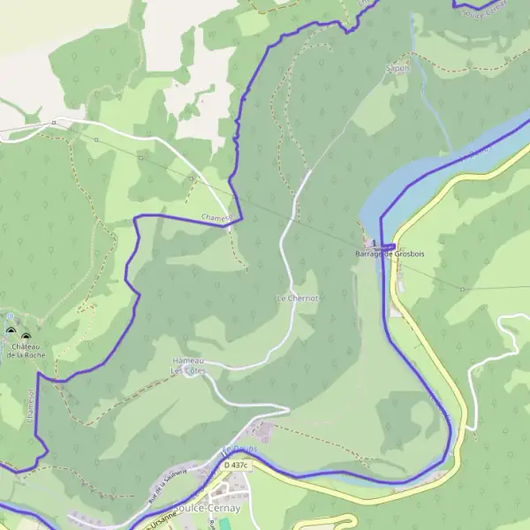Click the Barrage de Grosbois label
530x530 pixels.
[x=390, y=254]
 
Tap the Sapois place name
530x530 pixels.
[x=398, y=67]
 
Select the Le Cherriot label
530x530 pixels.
[x=297, y=298]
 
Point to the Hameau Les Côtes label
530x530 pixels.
[x=187, y=366]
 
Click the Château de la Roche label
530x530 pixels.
[x=26, y=350]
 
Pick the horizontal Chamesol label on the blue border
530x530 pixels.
[x=216, y=217]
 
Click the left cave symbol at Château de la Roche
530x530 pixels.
[x=11, y=331]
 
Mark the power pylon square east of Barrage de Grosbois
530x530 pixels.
[x=462, y=288]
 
